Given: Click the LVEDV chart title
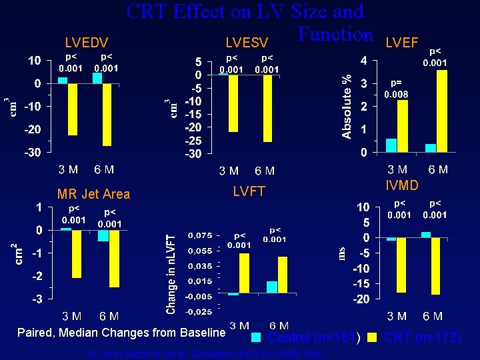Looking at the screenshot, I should tap(86, 42).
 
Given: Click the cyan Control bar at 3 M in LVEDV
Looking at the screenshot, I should tap(63, 81).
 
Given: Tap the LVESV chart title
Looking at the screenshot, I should tap(247, 43).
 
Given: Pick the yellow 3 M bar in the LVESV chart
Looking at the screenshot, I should tap(233, 103).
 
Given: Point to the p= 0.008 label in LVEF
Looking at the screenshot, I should tap(395, 89).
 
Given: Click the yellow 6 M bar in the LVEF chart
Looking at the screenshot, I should tap(441, 111).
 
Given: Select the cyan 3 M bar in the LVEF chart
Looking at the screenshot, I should tap(391, 145).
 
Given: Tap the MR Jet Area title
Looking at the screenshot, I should tap(93, 194).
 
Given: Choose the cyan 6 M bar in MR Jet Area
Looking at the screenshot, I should tap(103, 236).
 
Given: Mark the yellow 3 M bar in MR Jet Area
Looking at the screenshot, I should tap(77, 253).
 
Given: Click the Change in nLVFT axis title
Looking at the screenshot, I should tap(171, 274).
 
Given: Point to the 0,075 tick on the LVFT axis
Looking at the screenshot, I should tap(200, 235).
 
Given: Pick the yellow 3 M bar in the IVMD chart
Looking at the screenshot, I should tap(401, 265).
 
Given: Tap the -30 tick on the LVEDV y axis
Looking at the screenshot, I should tap(33, 152).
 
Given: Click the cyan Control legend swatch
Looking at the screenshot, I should tap(256, 337).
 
